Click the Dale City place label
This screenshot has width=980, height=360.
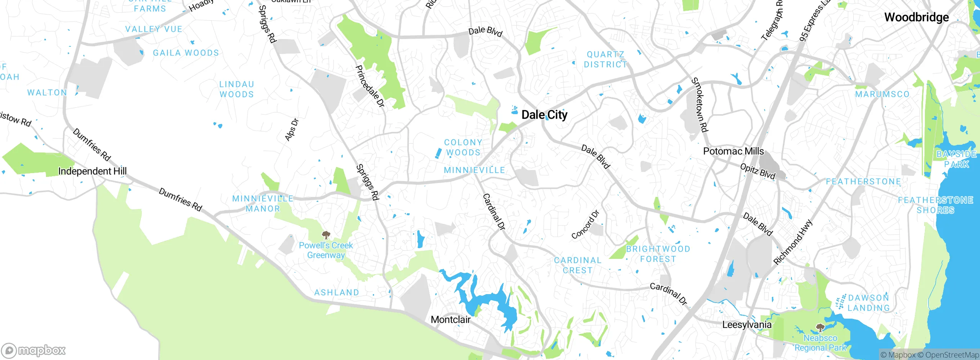tap(544, 115)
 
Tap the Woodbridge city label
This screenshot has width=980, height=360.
tap(916, 17)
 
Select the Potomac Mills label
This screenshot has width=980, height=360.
tap(733, 151)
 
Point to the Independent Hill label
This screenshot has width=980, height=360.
tap(92, 171)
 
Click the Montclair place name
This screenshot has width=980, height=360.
tap(451, 319)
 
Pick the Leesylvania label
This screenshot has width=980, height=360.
tap(746, 325)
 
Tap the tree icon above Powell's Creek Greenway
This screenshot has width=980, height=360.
tap(326, 235)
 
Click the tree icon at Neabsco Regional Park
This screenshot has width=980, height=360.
tap(820, 328)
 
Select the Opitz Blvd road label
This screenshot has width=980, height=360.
tap(758, 171)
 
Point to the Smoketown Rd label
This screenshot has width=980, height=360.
tap(699, 105)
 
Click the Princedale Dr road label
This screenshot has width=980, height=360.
tap(369, 86)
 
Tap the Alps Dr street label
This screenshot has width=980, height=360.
tap(292, 130)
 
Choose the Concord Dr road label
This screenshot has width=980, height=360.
tap(585, 224)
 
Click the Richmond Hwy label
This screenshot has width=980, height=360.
tap(792, 242)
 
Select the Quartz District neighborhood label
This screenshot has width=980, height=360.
tap(605, 60)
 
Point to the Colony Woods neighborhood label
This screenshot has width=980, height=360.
tap(463, 147)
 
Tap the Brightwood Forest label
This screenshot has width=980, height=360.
tap(658, 254)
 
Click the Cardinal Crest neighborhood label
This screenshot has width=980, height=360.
tap(578, 265)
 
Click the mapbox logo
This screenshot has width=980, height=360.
tap(33, 350)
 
